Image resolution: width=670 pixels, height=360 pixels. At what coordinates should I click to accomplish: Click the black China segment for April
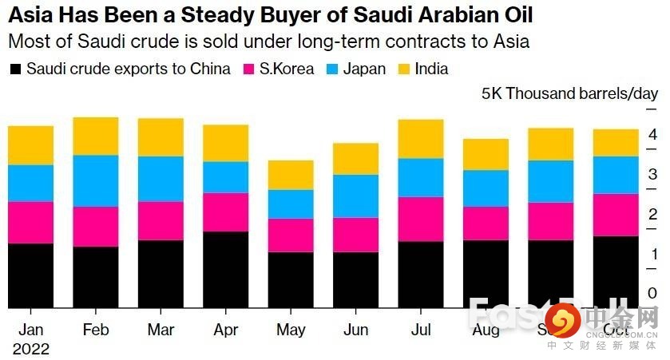point(225,269)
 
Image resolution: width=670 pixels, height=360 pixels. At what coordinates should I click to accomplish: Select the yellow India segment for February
point(95,136)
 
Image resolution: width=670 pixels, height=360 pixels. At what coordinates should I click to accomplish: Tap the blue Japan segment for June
point(355,196)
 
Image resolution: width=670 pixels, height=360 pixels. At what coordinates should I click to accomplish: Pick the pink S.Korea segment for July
point(421,219)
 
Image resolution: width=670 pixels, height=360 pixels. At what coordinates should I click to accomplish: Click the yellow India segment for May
point(291,174)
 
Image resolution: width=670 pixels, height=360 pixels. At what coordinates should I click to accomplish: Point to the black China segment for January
point(30,275)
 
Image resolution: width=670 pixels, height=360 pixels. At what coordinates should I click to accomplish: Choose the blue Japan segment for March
point(160,179)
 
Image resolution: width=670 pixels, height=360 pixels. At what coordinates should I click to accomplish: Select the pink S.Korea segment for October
point(616,215)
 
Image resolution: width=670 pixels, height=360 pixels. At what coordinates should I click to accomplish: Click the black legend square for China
point(14,69)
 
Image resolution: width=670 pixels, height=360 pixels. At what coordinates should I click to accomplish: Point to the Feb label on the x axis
point(96,330)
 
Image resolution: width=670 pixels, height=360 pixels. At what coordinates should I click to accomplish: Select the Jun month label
point(355,330)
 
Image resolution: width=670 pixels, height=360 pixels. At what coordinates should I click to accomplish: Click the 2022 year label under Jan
point(31,349)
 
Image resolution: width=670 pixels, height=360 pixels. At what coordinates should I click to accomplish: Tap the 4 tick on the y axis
point(652,134)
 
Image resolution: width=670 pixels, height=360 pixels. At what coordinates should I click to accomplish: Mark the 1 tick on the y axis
point(652,254)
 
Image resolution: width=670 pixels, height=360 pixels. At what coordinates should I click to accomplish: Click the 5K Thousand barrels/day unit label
point(569,93)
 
